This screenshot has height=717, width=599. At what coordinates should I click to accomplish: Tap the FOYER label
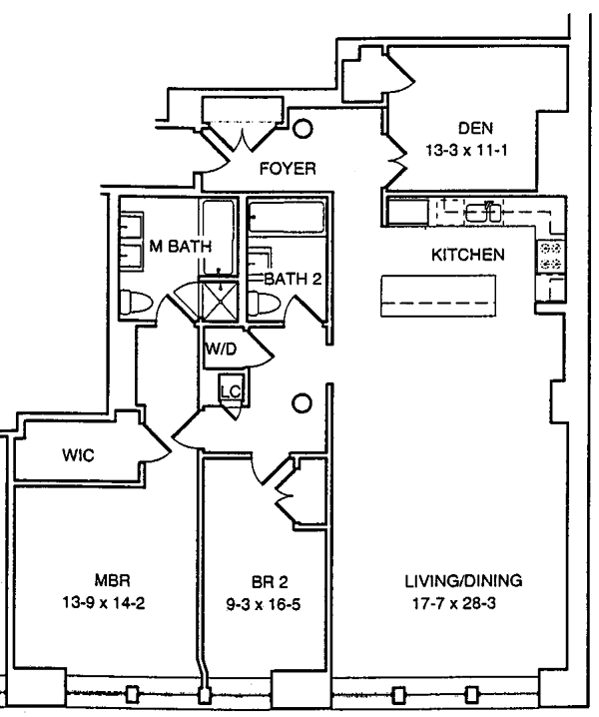click(x=288, y=169)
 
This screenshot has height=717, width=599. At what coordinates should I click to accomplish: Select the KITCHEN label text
click(x=467, y=256)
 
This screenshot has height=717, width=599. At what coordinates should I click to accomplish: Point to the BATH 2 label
click(x=293, y=279)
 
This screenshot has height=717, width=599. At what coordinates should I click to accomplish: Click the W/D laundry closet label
click(x=220, y=350)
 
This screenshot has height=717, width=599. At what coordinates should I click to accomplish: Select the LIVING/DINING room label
click(x=463, y=580)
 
